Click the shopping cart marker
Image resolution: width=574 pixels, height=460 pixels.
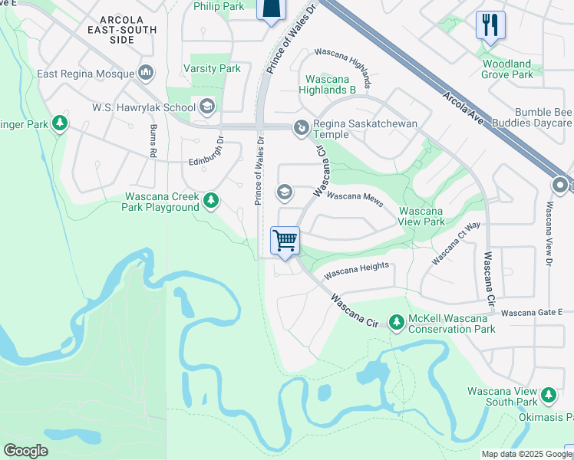point(285,241)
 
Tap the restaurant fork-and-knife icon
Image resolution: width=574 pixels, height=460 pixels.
point(490,25)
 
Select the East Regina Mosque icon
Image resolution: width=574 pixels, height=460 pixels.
point(146,74)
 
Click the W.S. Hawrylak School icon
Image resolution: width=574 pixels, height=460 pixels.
point(206,107)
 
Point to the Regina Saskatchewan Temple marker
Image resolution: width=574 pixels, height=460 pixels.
point(302,127)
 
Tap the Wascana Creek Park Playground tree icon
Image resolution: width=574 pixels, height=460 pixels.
point(211,202)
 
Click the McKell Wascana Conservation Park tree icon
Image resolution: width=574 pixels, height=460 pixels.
point(397,323)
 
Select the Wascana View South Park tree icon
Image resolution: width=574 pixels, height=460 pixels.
point(548,396)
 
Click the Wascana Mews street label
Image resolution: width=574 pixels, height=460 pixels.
point(355,196)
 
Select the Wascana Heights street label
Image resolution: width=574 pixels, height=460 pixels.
point(357,270)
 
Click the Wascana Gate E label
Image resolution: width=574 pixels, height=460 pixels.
point(532,313)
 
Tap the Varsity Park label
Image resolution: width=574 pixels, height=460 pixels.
point(212,69)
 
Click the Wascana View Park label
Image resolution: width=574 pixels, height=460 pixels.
point(421,216)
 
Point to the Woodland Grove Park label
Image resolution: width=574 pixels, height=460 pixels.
point(506,69)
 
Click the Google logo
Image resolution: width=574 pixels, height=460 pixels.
point(25,451)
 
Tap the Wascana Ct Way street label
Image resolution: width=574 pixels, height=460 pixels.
point(456,243)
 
